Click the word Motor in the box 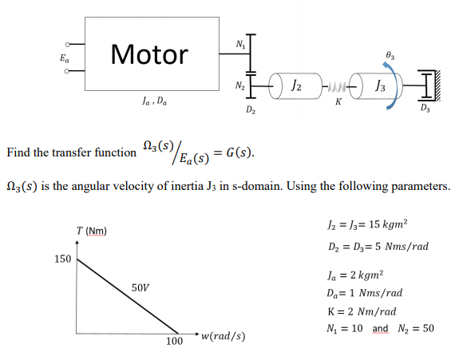point(149,54)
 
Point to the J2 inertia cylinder point(294,83)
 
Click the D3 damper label point(427,107)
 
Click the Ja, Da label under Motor point(151,101)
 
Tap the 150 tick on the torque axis point(62,259)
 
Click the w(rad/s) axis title point(223,335)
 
